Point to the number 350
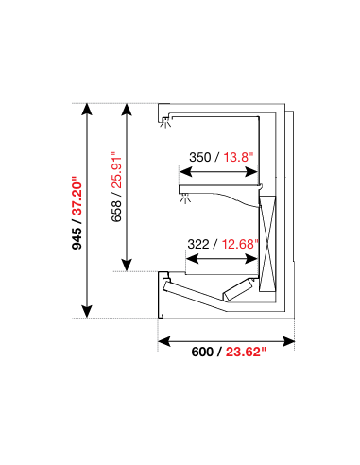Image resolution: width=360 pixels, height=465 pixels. [x=200, y=158]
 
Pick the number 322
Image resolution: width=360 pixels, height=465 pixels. [x=199, y=243]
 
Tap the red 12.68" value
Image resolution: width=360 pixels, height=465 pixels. [x=239, y=243]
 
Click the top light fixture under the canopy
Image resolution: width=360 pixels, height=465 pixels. [x=168, y=120]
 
